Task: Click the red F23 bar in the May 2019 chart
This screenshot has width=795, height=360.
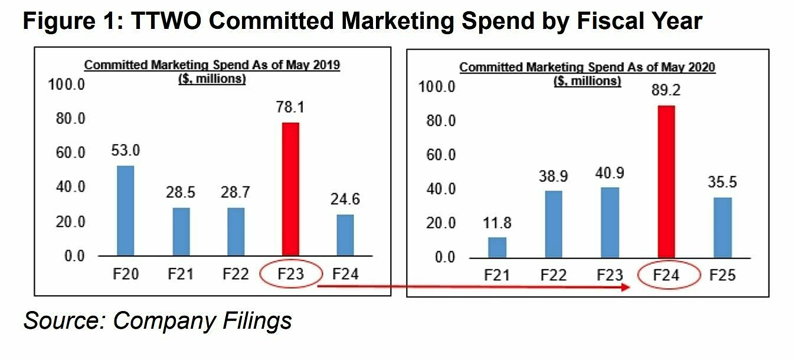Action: [290, 189]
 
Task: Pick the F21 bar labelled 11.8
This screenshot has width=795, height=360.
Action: [497, 247]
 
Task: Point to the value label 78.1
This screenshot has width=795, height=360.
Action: [290, 108]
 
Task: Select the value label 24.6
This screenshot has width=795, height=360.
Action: [345, 199]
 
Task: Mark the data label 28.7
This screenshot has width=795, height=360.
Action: [235, 193]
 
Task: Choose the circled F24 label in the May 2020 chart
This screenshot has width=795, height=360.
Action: [667, 275]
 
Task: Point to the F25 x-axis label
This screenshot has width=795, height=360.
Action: [723, 275]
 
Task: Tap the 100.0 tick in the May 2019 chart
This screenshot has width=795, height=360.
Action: [66, 84]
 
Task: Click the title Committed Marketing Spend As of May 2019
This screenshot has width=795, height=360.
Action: [211, 65]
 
